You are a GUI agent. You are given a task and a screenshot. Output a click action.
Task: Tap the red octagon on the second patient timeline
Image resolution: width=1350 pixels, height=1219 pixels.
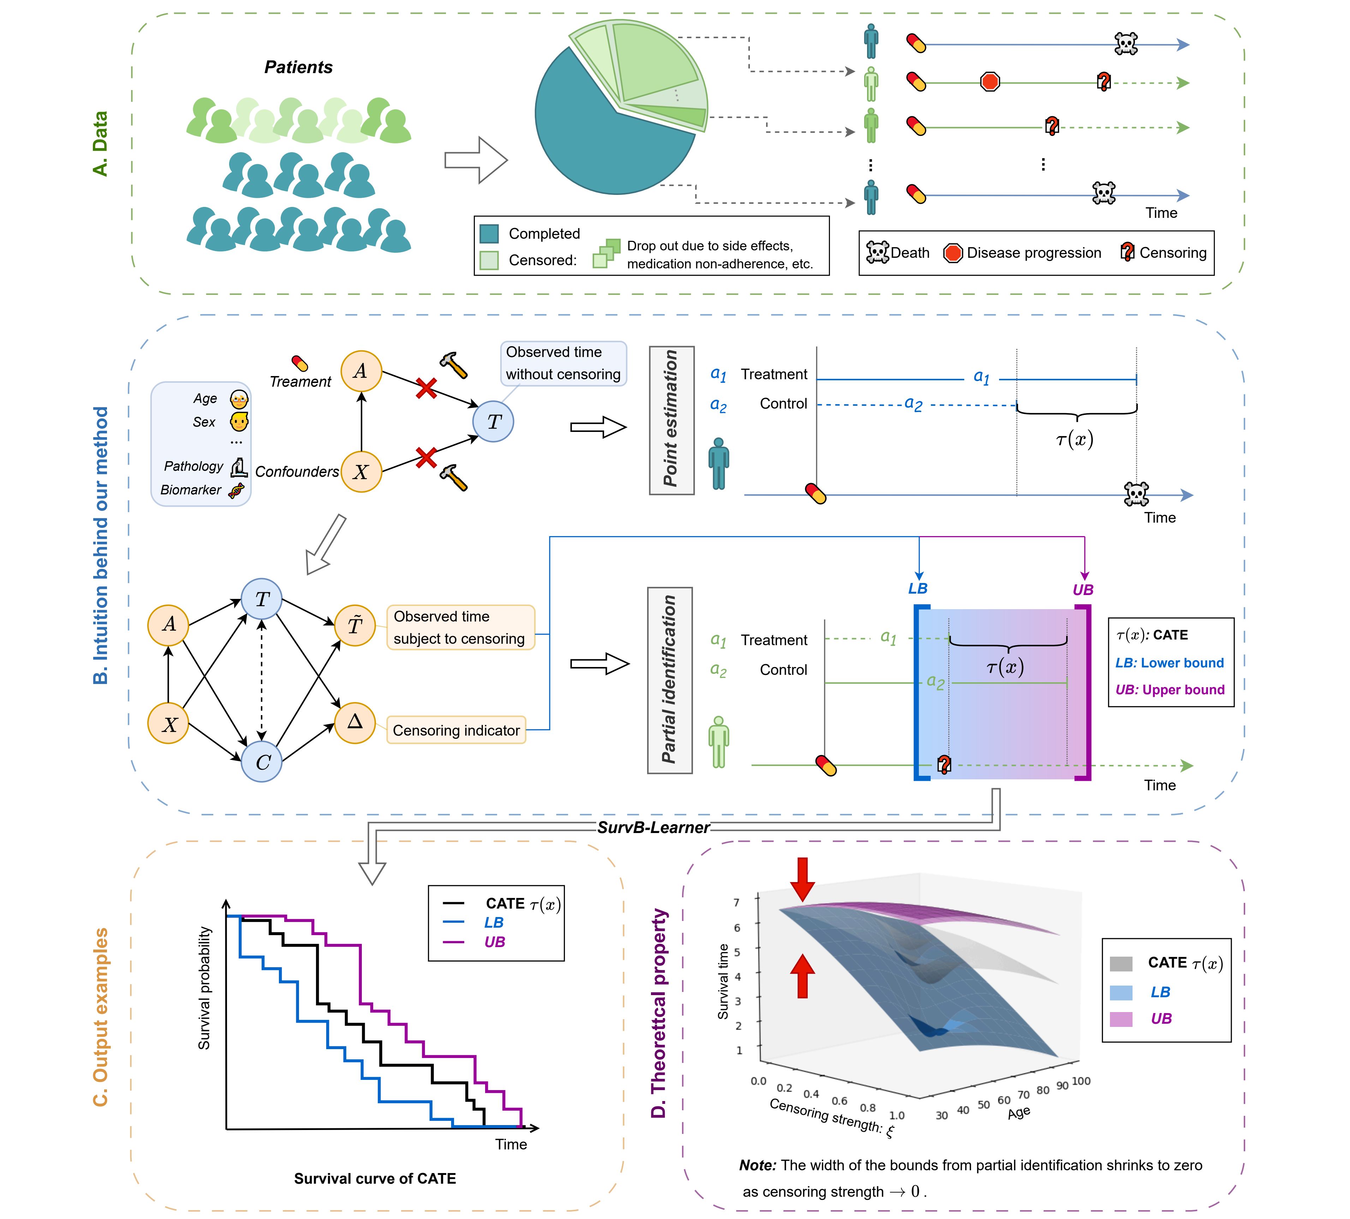[x=990, y=82]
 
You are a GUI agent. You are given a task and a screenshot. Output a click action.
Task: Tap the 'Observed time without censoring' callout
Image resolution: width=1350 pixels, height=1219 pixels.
[x=563, y=363]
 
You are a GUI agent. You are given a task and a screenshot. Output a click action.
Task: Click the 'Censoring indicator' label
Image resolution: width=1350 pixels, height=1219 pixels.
[x=456, y=730]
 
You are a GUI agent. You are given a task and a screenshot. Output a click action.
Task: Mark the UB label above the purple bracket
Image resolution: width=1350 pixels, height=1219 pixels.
[x=1083, y=589]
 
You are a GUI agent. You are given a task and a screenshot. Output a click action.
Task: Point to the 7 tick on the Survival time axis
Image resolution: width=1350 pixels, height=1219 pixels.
[x=737, y=902]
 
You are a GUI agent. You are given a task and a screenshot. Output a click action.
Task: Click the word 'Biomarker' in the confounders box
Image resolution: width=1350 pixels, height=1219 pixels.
[x=191, y=489]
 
